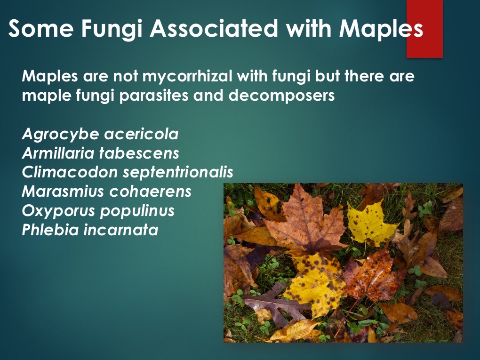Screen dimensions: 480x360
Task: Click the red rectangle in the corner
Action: tap(424, 29)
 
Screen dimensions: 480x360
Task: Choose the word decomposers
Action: tap(281, 96)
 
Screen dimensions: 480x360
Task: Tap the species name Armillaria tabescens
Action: tap(100, 153)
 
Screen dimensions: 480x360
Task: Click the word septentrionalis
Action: tap(178, 173)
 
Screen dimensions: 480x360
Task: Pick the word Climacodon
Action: tap(70, 172)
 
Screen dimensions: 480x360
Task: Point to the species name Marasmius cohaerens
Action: tap(106, 192)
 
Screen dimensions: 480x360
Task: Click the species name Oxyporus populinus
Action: tap(98, 211)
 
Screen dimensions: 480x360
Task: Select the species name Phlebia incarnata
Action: tap(90, 230)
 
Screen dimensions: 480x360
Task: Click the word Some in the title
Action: tap(41, 28)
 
